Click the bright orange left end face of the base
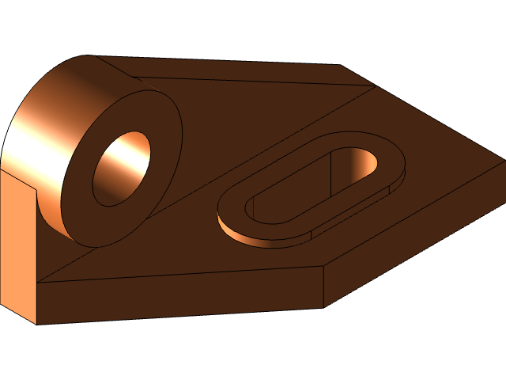[17, 245]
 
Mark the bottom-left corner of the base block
[37, 324]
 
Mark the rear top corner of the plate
[342, 66]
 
